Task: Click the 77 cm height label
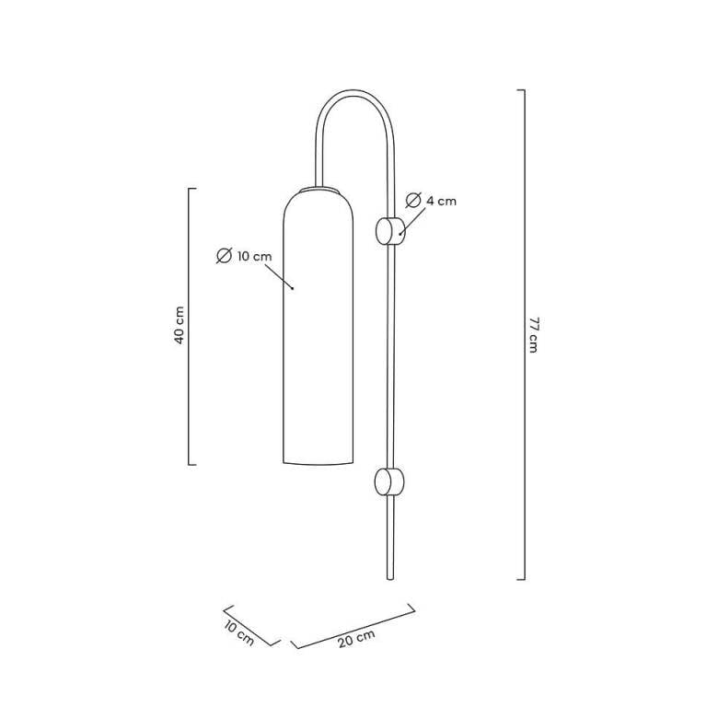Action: [533, 335]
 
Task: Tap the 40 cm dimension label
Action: [180, 325]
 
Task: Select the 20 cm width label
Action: [356, 639]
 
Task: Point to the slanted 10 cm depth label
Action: [239, 632]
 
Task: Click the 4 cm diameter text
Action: [442, 201]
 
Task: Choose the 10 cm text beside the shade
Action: [255, 257]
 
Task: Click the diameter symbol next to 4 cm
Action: [413, 200]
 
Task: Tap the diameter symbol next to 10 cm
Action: [224, 256]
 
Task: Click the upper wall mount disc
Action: [390, 231]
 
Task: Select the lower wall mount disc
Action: [389, 481]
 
